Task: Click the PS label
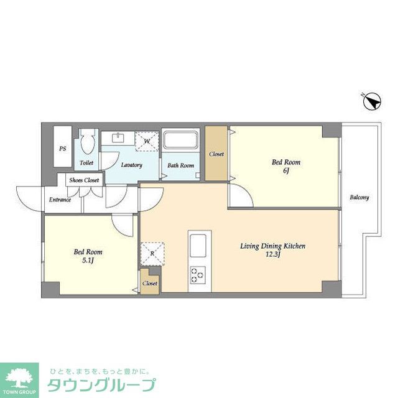62,149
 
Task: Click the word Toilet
86,163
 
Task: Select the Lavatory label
131,165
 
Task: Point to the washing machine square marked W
147,140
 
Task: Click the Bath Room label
181,165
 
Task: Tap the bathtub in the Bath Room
181,144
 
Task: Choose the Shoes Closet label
84,180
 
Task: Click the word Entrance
60,200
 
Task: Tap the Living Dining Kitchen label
272,246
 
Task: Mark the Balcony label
359,198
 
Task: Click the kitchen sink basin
200,244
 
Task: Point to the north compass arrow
371,101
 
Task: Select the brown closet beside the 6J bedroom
216,154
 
